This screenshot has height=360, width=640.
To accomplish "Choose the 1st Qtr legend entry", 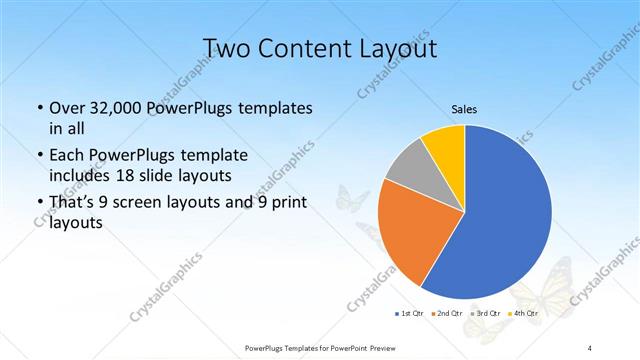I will tap(411, 314).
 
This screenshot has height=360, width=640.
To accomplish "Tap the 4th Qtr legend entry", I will tap(527, 314).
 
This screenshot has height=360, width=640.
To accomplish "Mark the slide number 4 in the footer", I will tap(590, 347).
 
